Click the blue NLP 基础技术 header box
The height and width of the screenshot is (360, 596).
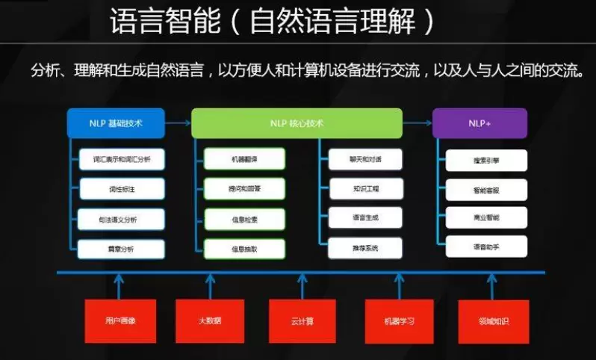pos(115,123)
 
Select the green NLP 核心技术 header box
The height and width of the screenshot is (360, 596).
pos(297,123)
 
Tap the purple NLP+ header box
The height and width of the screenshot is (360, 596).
pos(479,123)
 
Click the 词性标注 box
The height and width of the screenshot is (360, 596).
pos(121,190)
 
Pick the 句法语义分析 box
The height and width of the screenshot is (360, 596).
pos(121,220)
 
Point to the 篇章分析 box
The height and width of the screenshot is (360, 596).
pos(121,249)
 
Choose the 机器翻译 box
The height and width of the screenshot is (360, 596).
pos(244,159)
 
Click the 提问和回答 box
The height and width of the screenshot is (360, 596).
pos(244,190)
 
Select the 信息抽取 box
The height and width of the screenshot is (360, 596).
pos(244,249)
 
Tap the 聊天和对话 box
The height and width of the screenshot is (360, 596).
pos(365,159)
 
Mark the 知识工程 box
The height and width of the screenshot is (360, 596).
pos(365,188)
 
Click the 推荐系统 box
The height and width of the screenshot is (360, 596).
pos(365,248)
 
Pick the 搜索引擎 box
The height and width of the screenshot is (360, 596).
pos(486,160)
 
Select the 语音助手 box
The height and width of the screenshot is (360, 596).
pos(486,246)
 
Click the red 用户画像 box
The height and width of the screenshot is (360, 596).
pos(119,321)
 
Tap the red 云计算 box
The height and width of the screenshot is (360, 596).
pos(302,321)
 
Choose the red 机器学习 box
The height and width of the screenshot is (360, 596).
pos(398,321)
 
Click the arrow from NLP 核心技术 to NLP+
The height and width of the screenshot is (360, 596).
pos(417,122)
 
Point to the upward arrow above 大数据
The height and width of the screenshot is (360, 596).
pos(210,285)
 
